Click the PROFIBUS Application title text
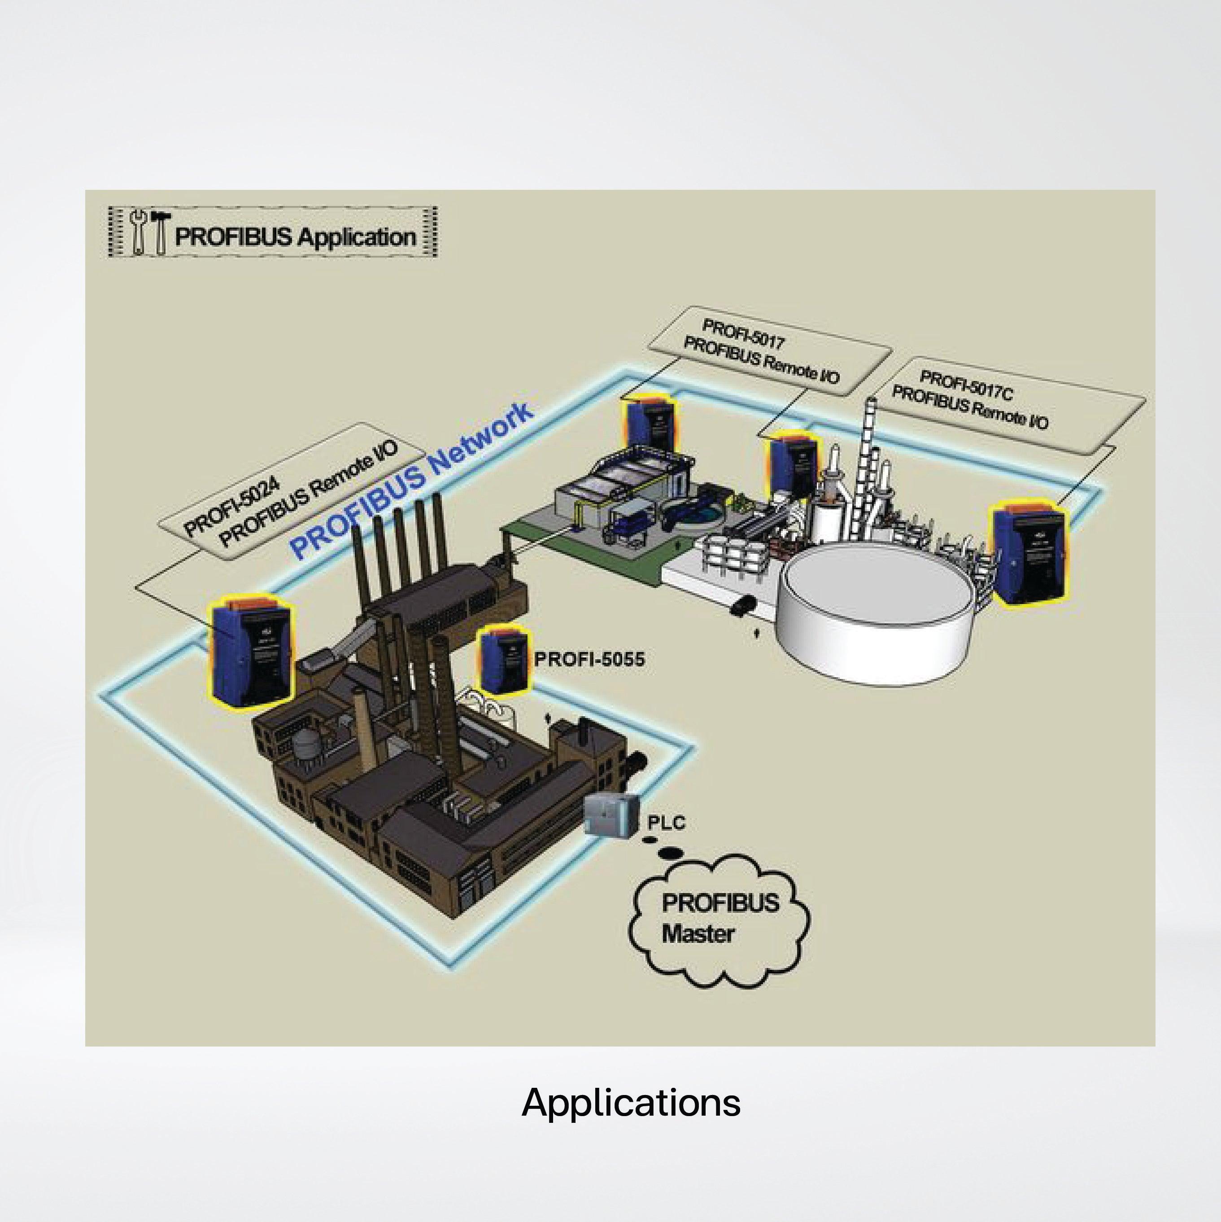click(295, 237)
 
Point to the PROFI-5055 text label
click(589, 660)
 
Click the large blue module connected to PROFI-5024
click(252, 652)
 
